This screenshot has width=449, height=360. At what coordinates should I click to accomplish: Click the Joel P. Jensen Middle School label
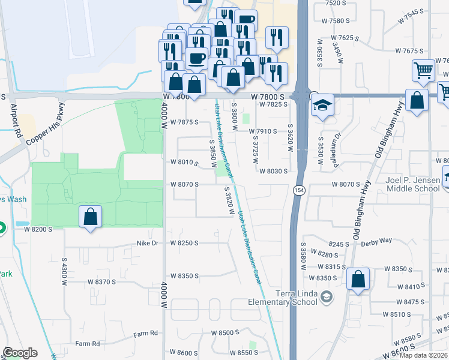click(x=412, y=184)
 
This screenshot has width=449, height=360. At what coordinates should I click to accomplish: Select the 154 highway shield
click(x=298, y=190)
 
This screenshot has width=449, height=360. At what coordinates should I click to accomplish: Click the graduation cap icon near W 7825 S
click(x=322, y=106)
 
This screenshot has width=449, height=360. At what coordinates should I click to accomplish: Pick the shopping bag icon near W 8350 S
click(x=358, y=279)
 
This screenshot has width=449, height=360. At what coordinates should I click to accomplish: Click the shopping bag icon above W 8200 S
click(x=89, y=217)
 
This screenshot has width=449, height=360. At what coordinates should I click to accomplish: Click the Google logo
click(x=20, y=353)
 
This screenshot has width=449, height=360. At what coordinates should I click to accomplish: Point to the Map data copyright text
click(x=424, y=355)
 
